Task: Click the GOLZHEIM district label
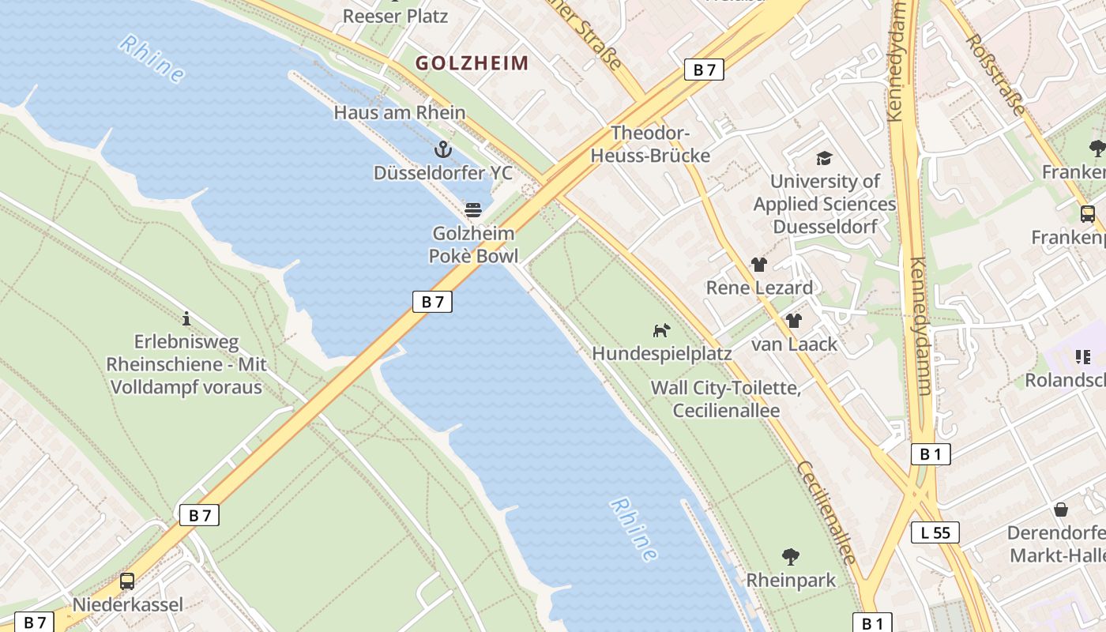point(472,63)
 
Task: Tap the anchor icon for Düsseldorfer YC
point(443,149)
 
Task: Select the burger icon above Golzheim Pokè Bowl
point(473,209)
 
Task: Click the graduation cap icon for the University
point(824,158)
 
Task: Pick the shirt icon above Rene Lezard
point(758,265)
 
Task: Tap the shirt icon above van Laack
point(794,321)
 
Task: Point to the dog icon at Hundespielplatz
point(661,330)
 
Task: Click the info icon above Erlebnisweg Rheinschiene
point(186,318)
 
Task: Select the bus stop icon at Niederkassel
point(127,581)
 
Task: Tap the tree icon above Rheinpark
point(790,557)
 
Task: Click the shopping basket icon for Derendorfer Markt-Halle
point(1061,510)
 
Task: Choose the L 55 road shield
point(935,532)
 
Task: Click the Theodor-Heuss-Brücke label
point(650,145)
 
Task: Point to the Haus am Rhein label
point(399,112)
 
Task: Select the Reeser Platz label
point(395,16)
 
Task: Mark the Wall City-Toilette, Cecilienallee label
point(726,399)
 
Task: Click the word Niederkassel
point(127,605)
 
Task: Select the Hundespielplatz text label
point(661,353)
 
